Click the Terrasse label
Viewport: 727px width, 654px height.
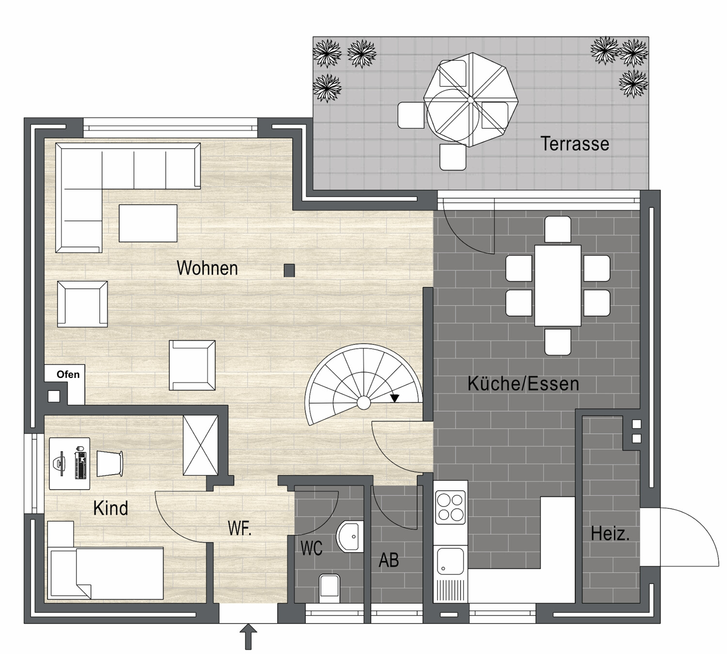click(x=574, y=143)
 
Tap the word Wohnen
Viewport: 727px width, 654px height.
click(x=207, y=268)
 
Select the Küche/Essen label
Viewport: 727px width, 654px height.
click(x=523, y=384)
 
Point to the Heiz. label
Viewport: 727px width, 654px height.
click(x=610, y=534)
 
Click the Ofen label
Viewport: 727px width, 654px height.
click(x=68, y=374)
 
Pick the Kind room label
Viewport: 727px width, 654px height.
click(x=111, y=508)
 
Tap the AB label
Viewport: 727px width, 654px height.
click(x=389, y=560)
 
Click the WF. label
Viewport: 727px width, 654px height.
click(x=239, y=528)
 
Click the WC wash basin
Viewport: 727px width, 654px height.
click(x=350, y=537)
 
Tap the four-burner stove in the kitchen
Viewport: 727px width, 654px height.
click(x=450, y=508)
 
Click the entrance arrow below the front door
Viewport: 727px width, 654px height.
click(x=248, y=637)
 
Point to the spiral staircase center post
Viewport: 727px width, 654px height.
click(x=363, y=403)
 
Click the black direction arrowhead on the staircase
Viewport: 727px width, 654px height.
click(x=395, y=398)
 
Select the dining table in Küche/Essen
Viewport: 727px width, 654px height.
click(x=558, y=285)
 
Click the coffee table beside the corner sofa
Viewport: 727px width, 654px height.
click(x=148, y=223)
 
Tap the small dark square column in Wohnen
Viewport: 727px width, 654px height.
click(x=289, y=271)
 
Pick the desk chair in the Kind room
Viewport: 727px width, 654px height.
click(x=110, y=464)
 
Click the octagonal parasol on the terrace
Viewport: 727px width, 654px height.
click(x=471, y=100)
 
